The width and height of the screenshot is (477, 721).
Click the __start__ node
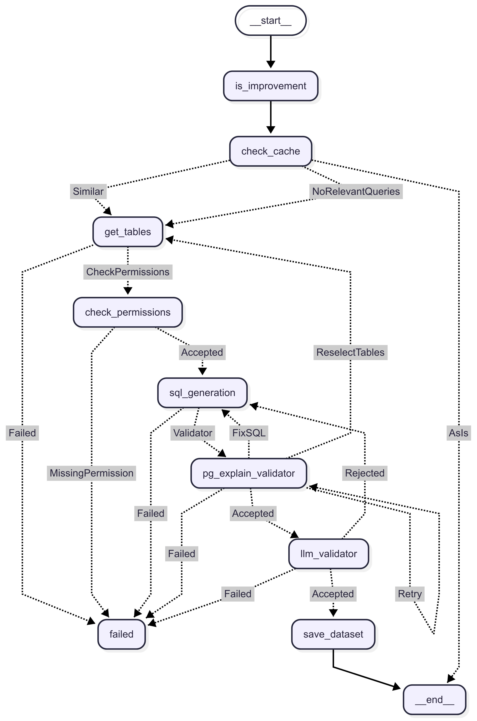tap(270, 21)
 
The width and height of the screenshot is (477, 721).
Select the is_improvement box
tap(270, 86)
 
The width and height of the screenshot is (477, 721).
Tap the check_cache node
tap(270, 151)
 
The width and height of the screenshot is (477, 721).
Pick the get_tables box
tap(128, 232)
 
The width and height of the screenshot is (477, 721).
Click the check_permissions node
tap(128, 312)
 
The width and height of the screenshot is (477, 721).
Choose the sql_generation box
tap(202, 393)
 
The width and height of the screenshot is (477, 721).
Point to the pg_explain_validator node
tap(249, 473)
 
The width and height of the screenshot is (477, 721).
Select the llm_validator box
tap(328, 554)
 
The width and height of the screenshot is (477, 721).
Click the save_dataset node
tap(333, 634)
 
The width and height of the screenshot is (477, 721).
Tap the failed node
tap(121, 634)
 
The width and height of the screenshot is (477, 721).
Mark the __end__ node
tap(434, 700)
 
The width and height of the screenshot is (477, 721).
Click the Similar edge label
tap(88, 191)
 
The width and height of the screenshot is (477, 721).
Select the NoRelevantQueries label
tap(356, 191)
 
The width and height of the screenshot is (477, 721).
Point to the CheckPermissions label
tap(128, 272)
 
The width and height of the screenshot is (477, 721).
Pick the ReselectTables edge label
tap(350, 352)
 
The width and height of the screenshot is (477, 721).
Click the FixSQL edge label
tap(249, 433)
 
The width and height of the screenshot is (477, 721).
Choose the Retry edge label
tap(410, 594)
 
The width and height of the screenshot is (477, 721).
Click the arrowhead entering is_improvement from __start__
tap(270, 64)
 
